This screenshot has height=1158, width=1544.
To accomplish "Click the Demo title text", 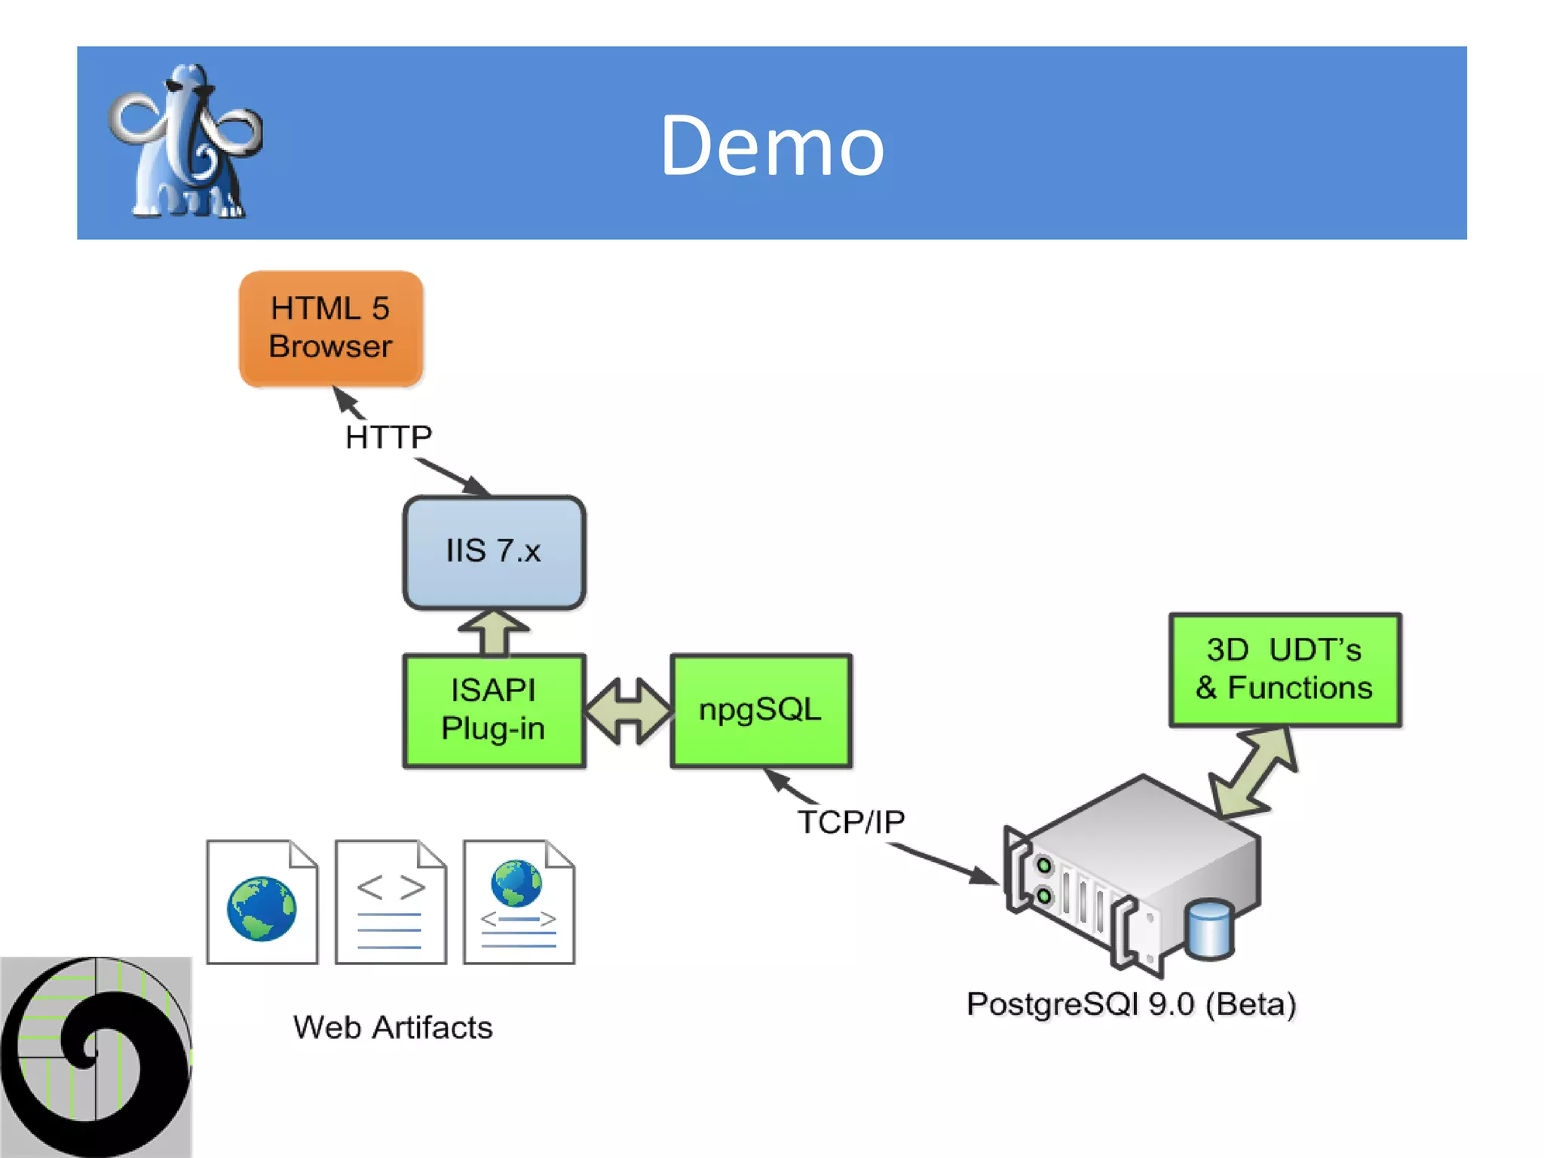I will (x=772, y=146).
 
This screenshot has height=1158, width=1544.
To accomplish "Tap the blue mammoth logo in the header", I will (x=185, y=143).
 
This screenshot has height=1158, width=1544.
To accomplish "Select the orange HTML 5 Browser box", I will (x=331, y=329).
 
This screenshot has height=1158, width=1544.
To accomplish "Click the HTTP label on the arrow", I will (x=388, y=437).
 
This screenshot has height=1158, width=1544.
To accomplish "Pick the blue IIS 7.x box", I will (x=494, y=552).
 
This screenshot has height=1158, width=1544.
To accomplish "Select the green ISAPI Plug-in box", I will (x=494, y=710).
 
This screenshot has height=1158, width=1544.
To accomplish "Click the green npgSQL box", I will (x=761, y=710).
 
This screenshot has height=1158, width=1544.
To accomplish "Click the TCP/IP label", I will (x=851, y=822).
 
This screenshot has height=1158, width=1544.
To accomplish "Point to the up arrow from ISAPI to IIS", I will (x=494, y=632).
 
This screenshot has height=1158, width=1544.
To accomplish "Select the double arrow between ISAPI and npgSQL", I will (x=628, y=711).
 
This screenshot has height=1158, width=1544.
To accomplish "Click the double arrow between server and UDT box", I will (x=1254, y=773).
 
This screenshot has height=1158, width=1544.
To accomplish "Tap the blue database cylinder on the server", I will (x=1209, y=929).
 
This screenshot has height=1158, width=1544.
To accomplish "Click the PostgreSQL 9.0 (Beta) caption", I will (x=1131, y=1004).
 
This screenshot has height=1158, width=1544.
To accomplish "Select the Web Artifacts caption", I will (x=393, y=1028).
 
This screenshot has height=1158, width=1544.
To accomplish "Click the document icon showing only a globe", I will (x=262, y=902).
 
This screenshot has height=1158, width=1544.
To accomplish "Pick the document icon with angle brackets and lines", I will (x=391, y=902).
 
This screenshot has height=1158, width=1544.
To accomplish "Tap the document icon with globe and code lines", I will (x=519, y=902).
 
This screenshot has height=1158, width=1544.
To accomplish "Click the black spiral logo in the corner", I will (x=96, y=1055).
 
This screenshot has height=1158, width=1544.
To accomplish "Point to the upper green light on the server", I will (x=1044, y=865).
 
